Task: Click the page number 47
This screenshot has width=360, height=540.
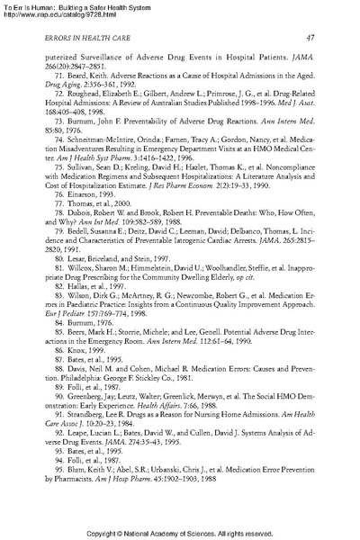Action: [309, 37]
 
